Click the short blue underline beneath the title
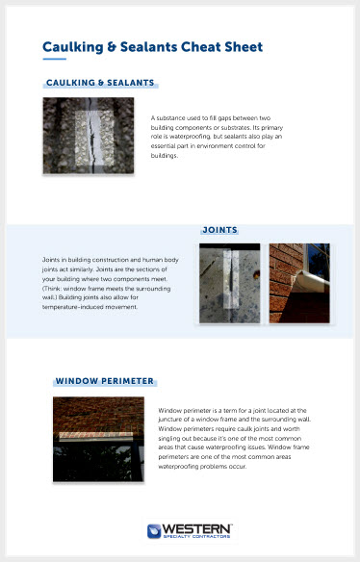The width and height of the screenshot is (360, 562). (54, 59)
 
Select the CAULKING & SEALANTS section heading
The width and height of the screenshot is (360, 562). (100, 83)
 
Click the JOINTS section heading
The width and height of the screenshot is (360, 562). (219, 230)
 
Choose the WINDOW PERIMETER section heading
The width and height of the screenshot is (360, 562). (104, 381)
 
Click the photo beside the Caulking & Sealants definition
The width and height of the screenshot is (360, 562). (88, 136)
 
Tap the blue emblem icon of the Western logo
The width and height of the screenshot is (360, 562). (154, 530)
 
